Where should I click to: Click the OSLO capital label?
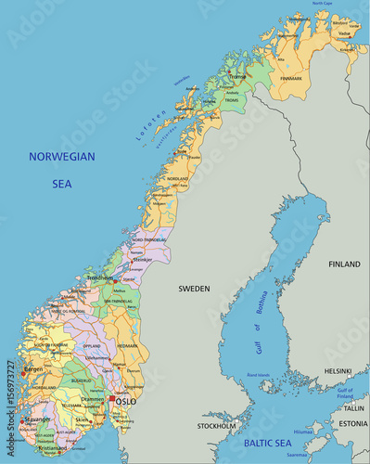coord(125,402)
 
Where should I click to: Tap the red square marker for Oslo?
coord(112,398)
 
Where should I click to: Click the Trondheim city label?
coord(99,277)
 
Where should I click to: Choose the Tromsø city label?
coord(238,77)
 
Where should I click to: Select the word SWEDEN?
coord(195,289)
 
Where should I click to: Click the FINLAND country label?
coord(344,264)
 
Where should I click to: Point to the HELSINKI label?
coord(338,371)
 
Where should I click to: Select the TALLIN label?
coord(353,407)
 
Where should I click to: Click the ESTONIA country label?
coord(352,424)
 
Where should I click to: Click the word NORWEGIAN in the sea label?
coord(62,157)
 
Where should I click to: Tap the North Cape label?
coord(322,5)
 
